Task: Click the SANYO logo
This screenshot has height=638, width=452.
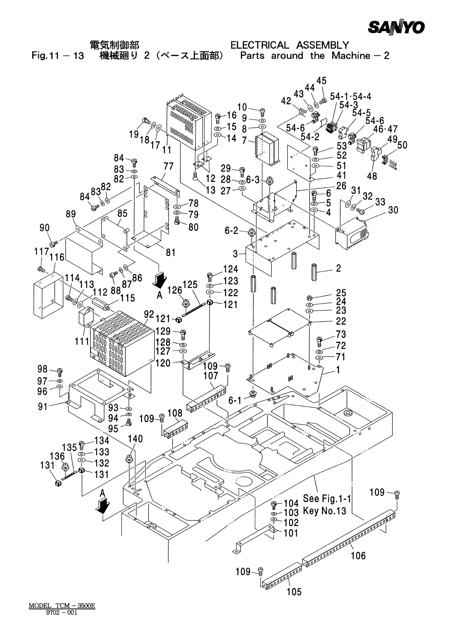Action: click(x=396, y=27)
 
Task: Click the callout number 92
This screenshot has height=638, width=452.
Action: click(x=149, y=314)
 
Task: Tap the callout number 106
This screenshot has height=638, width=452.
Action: click(x=358, y=555)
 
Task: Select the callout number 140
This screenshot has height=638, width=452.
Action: click(x=135, y=438)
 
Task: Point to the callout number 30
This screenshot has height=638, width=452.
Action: click(x=393, y=210)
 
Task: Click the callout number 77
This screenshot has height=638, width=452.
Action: click(x=169, y=166)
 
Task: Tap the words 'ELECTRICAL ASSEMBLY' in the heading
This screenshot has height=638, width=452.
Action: click(x=289, y=46)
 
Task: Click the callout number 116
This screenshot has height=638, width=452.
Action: click(x=57, y=258)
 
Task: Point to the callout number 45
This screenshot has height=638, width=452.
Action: click(x=321, y=81)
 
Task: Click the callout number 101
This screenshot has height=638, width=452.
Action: click(x=291, y=533)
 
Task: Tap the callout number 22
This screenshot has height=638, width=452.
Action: click(x=341, y=321)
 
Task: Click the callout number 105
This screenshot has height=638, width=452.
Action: click(x=294, y=591)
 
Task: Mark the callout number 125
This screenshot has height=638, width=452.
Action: click(x=190, y=284)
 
